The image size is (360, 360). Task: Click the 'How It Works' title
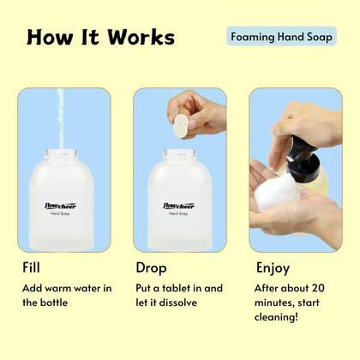(100, 38)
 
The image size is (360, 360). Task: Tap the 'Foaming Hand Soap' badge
(282, 37)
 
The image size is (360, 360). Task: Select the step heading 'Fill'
(32, 267)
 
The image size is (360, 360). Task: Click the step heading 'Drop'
(152, 267)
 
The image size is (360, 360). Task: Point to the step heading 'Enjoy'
(267, 267)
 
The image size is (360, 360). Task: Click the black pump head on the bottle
(302, 151)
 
